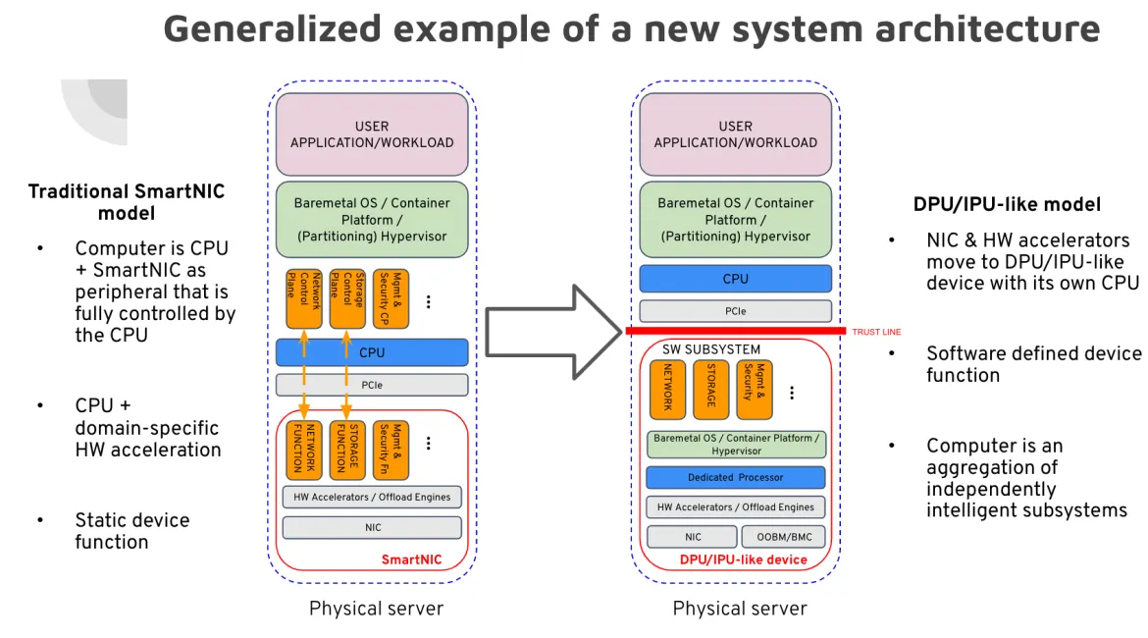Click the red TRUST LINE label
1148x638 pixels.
(875, 332)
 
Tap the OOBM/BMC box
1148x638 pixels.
(783, 537)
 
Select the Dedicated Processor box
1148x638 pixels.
(735, 478)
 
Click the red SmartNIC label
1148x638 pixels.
(411, 559)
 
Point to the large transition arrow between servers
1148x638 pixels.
(553, 332)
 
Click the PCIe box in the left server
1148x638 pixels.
(372, 386)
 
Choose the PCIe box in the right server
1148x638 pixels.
(735, 311)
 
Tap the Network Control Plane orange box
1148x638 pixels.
(304, 298)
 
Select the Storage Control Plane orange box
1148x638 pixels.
(347, 298)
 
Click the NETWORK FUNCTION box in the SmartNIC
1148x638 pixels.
(304, 450)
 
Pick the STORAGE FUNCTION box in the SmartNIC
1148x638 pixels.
(347, 450)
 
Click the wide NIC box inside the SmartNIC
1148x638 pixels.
(372, 527)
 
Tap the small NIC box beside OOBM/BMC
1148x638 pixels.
(692, 537)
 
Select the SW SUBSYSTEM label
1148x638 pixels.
(711, 349)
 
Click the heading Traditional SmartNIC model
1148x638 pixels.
(126, 202)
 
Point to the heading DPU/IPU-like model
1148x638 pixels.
(1007, 204)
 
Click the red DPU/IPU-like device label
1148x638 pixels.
(743, 559)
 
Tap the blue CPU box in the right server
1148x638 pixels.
(735, 279)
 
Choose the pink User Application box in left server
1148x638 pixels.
(372, 134)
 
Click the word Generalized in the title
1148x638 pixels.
(273, 29)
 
